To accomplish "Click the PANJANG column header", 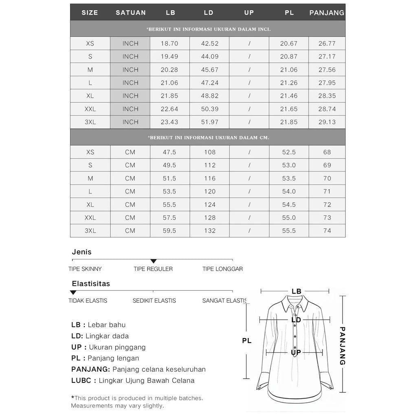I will [x=327, y=13].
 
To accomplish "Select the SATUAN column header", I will [x=130, y=13].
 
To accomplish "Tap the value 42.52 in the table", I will [x=209, y=44].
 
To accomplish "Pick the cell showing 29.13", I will [x=327, y=122].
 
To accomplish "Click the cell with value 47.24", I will [x=209, y=83].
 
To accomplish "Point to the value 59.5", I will [x=169, y=230].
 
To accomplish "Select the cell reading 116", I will [x=209, y=178].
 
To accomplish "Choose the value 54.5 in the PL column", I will [x=289, y=204].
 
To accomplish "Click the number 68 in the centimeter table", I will [x=327, y=152].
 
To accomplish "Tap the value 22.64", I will [x=169, y=109].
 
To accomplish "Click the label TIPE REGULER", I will [x=153, y=269].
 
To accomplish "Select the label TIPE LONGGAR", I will [x=222, y=269].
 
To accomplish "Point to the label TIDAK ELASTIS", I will [x=88, y=301].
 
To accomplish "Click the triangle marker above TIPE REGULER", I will [x=154, y=261].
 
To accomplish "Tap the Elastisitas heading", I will [x=91, y=283].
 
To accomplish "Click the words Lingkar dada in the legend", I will [x=107, y=336].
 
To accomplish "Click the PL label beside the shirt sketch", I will [x=247, y=340].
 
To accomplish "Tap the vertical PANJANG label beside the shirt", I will [x=342, y=346].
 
